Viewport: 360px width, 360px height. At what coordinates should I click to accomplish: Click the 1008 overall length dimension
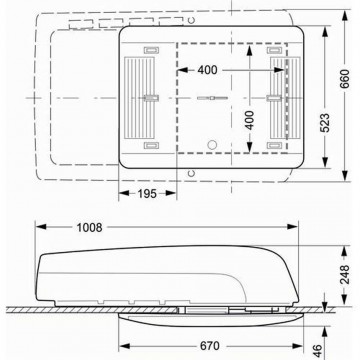(x=89, y=227)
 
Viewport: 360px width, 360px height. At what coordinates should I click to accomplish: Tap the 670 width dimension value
(x=210, y=346)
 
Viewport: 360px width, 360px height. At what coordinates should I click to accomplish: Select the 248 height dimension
(x=345, y=274)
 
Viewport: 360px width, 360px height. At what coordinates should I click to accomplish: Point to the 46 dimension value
(x=318, y=350)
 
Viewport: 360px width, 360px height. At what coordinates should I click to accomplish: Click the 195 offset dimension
(x=147, y=193)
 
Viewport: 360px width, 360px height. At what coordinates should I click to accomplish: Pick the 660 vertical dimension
(x=345, y=79)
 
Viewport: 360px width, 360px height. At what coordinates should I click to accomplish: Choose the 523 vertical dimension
(x=325, y=123)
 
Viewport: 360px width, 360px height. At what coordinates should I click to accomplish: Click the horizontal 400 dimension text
(x=207, y=70)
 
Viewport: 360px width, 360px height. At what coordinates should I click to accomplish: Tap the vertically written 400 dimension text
(x=250, y=120)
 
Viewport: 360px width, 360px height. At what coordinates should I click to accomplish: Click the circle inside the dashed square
(x=212, y=145)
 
